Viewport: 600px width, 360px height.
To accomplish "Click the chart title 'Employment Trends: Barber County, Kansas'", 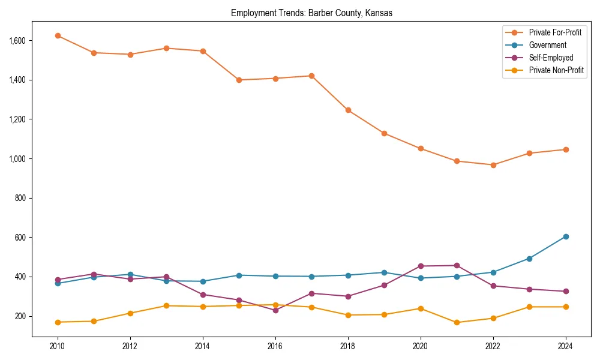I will pyautogui.click(x=311, y=13).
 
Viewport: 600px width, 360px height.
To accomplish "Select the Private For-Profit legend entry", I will pyautogui.click(x=555, y=32).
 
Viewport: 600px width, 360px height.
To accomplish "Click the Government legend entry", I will pyautogui.click(x=547, y=45).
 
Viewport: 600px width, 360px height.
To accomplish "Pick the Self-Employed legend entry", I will pyautogui.click(x=551, y=58).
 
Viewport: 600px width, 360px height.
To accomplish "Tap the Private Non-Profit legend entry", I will pyautogui.click(x=556, y=70).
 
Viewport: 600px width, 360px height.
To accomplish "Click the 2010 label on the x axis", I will pyautogui.click(x=58, y=346).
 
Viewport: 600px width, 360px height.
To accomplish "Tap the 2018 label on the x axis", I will pyautogui.click(x=348, y=346).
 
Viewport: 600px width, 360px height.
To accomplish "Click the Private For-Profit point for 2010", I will pyautogui.click(x=58, y=35).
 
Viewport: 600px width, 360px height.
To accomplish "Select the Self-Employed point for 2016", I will pyautogui.click(x=275, y=310).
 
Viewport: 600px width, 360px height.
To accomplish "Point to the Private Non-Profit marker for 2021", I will pyautogui.click(x=457, y=322).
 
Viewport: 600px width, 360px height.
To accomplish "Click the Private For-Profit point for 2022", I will pyautogui.click(x=493, y=165).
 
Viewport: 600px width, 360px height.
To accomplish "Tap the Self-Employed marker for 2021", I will pyautogui.click(x=457, y=265).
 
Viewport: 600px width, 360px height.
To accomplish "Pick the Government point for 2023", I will pyautogui.click(x=529, y=259).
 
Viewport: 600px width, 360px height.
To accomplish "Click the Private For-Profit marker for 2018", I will pyautogui.click(x=348, y=110).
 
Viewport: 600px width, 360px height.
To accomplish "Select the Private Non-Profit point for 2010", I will pyautogui.click(x=58, y=322).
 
